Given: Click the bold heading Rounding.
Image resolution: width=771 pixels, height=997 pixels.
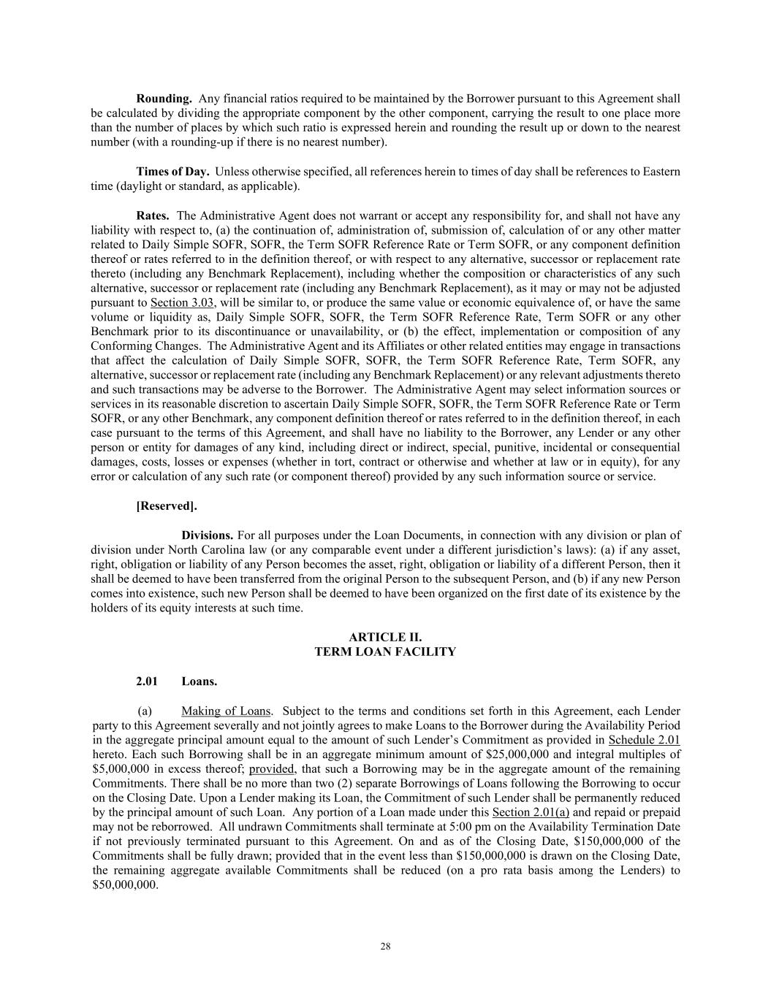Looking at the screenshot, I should (164, 99).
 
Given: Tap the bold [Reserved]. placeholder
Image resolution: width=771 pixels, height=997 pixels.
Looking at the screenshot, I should (167, 505).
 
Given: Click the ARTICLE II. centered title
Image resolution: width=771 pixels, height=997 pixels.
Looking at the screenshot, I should (385, 637).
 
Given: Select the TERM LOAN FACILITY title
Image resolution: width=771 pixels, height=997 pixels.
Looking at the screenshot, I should (385, 652).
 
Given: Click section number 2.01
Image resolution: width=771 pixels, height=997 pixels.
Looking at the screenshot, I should (147, 681).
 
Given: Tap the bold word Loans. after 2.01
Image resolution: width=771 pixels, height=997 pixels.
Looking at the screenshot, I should (200, 681).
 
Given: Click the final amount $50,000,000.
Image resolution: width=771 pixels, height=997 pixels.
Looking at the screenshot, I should (125, 885).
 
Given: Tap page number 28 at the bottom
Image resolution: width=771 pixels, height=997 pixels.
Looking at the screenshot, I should (385, 947).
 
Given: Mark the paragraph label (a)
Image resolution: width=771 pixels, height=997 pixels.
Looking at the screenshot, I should (145, 711).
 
